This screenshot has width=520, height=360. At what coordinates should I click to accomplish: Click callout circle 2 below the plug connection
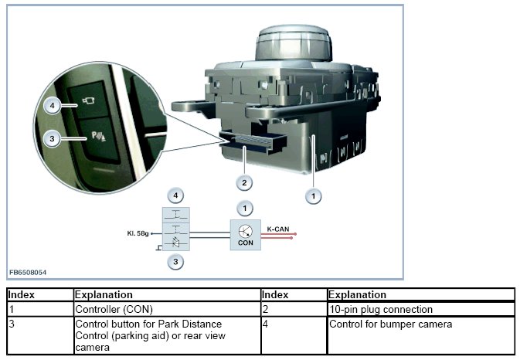click(244, 182)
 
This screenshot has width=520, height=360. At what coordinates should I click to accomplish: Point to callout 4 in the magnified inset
click(52, 104)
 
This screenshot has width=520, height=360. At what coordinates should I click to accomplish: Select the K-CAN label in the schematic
click(278, 229)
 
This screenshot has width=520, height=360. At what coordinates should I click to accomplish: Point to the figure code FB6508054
click(27, 273)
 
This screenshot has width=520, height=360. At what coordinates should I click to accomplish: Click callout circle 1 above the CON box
click(244, 208)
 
